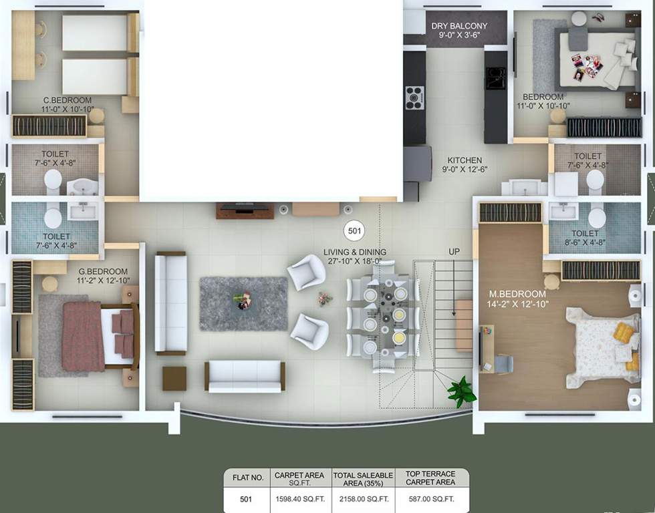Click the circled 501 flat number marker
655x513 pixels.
[x=355, y=232]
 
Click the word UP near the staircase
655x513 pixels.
[x=454, y=251]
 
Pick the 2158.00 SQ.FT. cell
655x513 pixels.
[x=365, y=498]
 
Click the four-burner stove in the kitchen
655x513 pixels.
[x=414, y=98]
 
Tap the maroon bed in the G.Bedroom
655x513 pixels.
[x=84, y=335]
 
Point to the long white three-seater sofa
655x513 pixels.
[x=170, y=303]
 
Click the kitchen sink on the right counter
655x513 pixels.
[x=496, y=78]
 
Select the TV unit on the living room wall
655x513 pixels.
[x=245, y=210]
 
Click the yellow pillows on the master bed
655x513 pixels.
[x=624, y=332]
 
